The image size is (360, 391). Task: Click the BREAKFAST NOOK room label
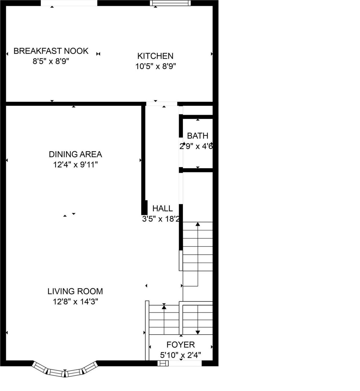click(51, 51)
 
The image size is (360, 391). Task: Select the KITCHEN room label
click(155, 56)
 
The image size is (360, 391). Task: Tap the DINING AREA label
click(75, 154)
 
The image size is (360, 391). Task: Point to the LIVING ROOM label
click(75, 291)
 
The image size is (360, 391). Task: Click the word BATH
click(198, 136)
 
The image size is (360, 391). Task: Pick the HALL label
click(162, 208)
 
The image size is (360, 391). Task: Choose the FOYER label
click(181, 345)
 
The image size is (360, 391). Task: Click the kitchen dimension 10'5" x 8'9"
click(156, 66)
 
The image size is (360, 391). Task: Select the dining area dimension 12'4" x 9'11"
click(75, 165)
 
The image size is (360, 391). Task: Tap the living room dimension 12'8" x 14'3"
click(75, 302)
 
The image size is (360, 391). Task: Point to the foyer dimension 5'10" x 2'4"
click(181, 355)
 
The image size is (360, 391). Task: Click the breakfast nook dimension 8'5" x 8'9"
click(51, 61)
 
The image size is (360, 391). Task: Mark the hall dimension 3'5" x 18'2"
click(161, 219)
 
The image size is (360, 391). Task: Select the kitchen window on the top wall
click(170, 3)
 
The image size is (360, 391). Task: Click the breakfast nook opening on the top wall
click(69, 3)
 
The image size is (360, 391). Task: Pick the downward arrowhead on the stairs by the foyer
click(198, 332)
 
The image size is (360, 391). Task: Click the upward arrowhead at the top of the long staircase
click(198, 224)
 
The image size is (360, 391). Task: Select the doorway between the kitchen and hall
click(162, 104)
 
